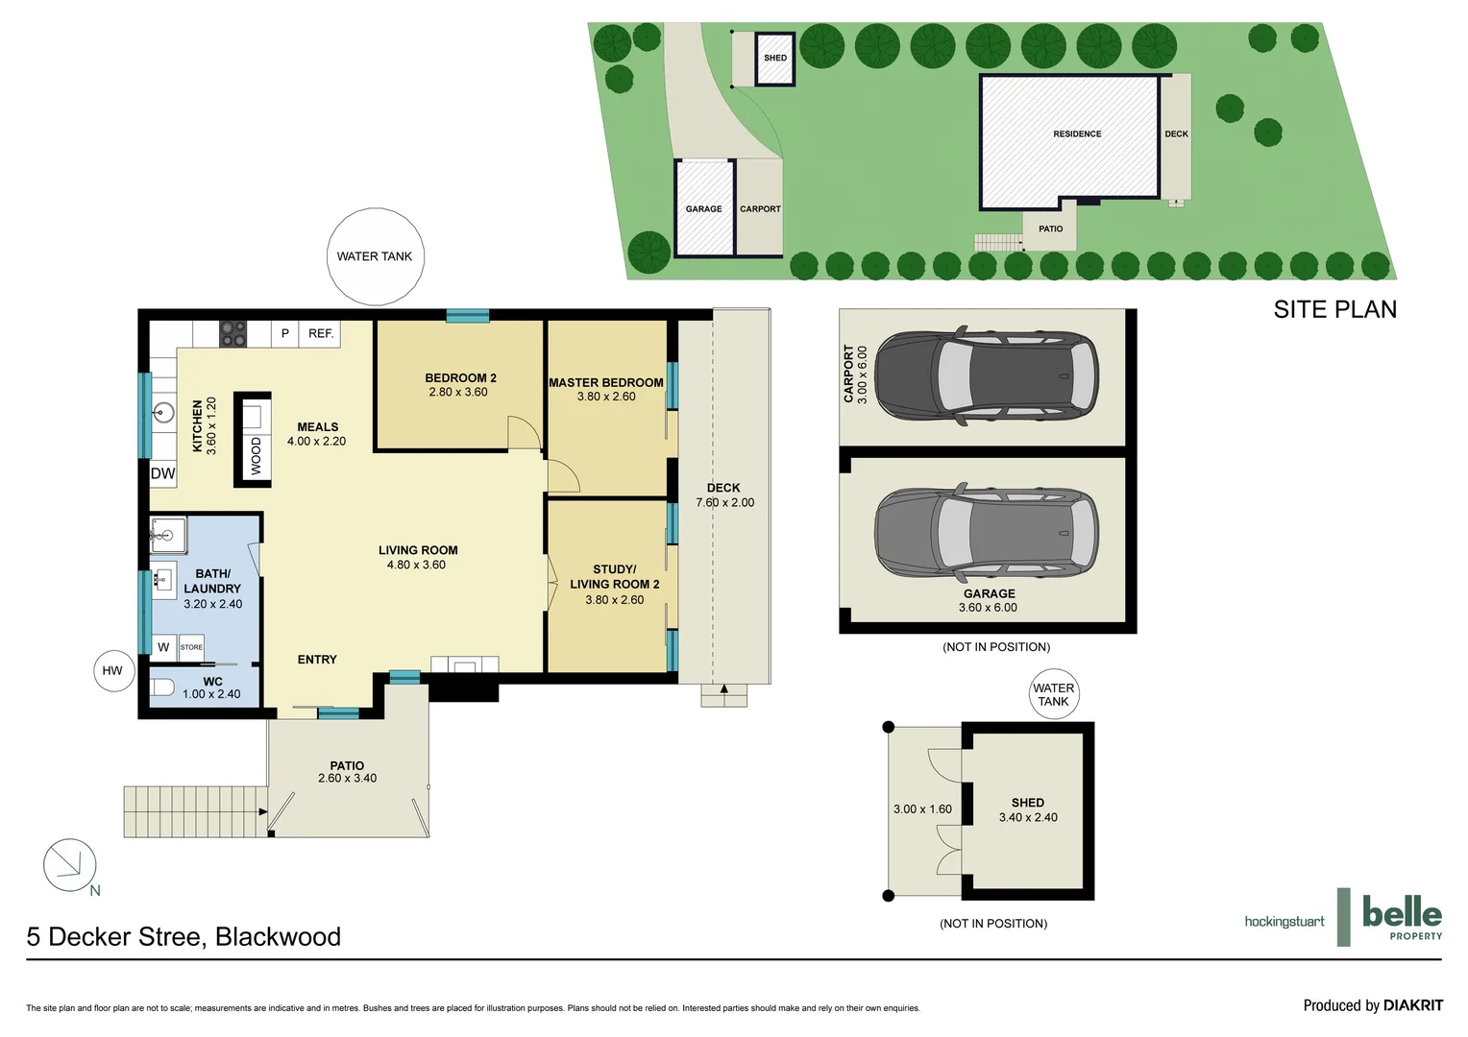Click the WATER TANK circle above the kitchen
(375, 256)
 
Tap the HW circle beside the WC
(112, 670)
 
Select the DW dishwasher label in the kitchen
(163, 473)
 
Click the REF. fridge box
(321, 333)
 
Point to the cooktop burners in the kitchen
(233, 333)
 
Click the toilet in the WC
(163, 687)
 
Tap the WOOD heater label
(256, 455)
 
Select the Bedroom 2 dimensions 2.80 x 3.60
(458, 392)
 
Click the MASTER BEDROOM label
(605, 382)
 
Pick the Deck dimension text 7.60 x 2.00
(724, 502)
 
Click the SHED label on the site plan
(775, 58)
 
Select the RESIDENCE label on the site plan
(1077, 133)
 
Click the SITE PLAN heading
(1334, 309)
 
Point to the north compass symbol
(70, 864)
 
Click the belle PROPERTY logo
(1402, 917)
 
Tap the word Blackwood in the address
(278, 937)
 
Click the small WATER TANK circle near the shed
(1053, 694)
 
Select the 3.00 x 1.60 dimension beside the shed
(922, 808)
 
